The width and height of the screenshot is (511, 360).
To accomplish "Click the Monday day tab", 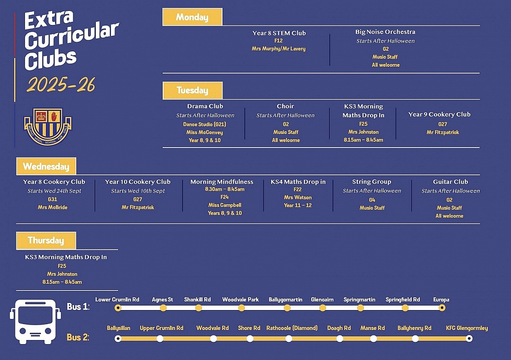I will pos(192,17).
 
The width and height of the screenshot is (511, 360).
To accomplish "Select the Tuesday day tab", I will pos(193,90).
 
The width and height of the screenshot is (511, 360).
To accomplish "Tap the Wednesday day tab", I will pos(46,166).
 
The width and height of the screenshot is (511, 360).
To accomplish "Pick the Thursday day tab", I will pos(46,241).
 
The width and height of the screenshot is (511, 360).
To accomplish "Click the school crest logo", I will pos(48,127).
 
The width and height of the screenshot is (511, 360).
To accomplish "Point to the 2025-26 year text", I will pos(61,85).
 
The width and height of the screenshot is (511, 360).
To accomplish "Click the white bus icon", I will pos(35,321).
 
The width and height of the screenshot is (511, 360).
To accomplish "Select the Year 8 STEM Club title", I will pos(279,33).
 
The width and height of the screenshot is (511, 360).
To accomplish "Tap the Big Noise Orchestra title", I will pos(385,32).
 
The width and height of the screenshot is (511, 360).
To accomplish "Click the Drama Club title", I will pos(205,106).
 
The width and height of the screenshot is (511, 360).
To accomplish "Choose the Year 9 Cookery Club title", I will pos(439,114).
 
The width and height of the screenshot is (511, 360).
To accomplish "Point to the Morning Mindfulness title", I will pos(222,182).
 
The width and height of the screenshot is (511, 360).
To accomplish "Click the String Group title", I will pos(372,182).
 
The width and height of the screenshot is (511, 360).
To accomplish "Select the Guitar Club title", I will pos(450,182).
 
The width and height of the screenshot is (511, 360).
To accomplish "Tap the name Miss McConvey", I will pos(204,132).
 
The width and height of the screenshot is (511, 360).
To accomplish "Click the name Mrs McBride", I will pos(52,207).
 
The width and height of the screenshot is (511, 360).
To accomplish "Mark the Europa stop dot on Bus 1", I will pos(442,308).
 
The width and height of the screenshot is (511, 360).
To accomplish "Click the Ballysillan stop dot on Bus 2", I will pos(118,338).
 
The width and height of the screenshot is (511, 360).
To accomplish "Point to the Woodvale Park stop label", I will pos(240,300).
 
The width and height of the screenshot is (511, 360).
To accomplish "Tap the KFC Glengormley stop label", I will pos(467,328).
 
